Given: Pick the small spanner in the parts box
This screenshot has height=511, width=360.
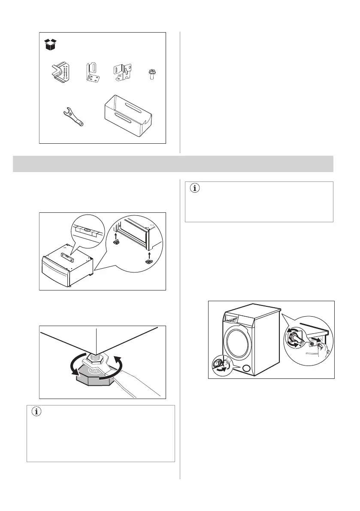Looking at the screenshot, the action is [x=72, y=118].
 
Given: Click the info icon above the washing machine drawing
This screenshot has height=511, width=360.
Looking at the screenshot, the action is [x=195, y=188].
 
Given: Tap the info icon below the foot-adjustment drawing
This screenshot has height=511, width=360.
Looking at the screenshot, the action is [x=37, y=412].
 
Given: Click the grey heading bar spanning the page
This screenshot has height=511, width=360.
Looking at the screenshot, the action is [x=173, y=163].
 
